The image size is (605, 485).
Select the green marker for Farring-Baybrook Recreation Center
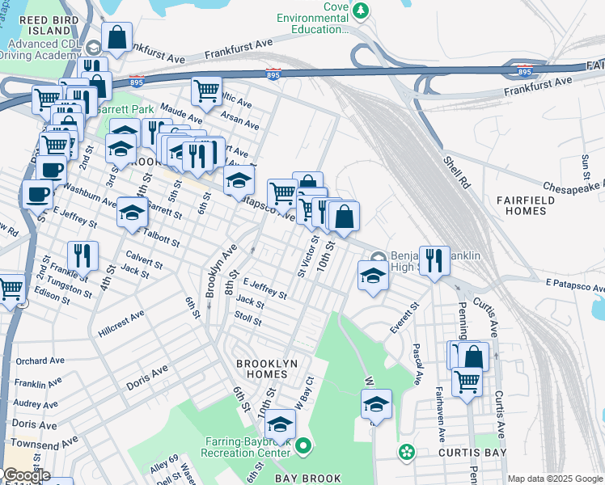tap(303, 445)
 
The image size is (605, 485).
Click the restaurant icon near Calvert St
tap(82, 256)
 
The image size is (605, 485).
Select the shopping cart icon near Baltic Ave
tap(207, 91)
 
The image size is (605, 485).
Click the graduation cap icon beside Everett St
tap(373, 276)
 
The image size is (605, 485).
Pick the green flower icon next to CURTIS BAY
tap(406, 450)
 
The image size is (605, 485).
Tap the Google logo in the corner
tap(26, 475)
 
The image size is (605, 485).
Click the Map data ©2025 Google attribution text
tap(554, 479)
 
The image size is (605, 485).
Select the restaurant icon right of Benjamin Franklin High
tap(434, 259)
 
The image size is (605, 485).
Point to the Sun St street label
tap(586, 167)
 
